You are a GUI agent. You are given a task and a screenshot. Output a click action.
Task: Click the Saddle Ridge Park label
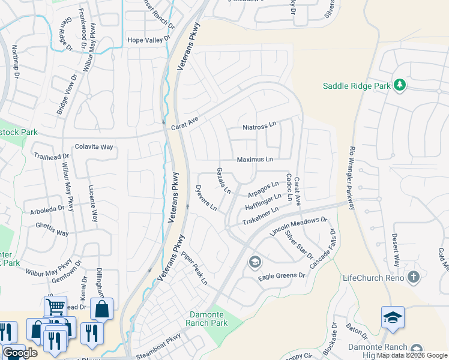pyautogui.click(x=357, y=86)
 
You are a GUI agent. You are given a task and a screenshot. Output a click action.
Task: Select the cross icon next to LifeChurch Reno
pyautogui.click(x=413, y=277)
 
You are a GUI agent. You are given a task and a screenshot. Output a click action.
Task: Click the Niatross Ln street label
pyautogui.click(x=259, y=127)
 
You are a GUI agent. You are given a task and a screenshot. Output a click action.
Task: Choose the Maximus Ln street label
pyautogui.click(x=255, y=160)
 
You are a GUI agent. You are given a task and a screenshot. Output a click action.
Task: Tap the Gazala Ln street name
pyautogui.click(x=223, y=181)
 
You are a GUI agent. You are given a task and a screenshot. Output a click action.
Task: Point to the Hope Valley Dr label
pyautogui.click(x=150, y=40)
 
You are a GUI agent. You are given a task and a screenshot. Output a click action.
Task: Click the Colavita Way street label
pyautogui.click(x=94, y=146)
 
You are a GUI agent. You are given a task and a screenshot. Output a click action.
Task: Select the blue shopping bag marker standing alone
pyautogui.click(x=102, y=310)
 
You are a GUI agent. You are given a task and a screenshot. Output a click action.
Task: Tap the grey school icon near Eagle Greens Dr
pyautogui.click(x=255, y=262)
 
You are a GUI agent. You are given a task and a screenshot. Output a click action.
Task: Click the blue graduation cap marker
pyautogui.click(x=393, y=318)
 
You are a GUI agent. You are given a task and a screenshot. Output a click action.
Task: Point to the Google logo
pyautogui.click(x=20, y=353)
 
